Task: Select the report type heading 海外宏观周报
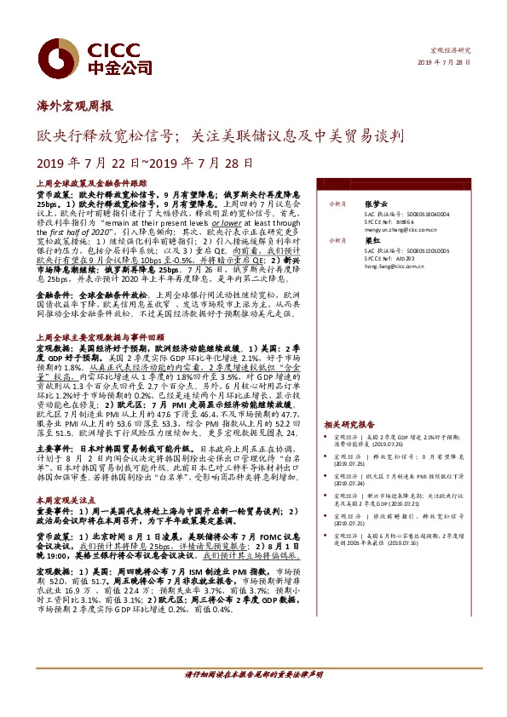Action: pyautogui.click(x=74, y=107)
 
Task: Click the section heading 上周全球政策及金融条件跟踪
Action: pyautogui.click(x=91, y=183)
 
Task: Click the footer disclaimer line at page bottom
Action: pyautogui.click(x=253, y=699)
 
